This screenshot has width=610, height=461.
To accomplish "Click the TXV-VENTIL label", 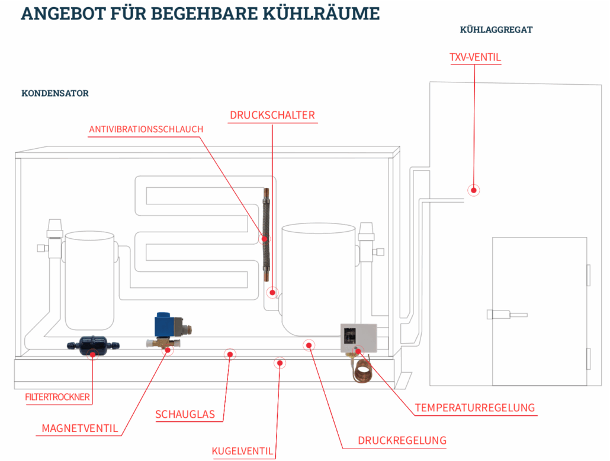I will pyautogui.click(x=475, y=57).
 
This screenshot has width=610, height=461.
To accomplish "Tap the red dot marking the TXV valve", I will pyautogui.click(x=473, y=190).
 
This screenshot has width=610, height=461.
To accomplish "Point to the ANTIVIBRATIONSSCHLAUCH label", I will pyautogui.click(x=146, y=129).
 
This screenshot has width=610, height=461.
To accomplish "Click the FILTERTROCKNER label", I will pyautogui.click(x=57, y=397).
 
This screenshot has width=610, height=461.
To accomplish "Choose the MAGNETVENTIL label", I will pyautogui.click(x=80, y=428).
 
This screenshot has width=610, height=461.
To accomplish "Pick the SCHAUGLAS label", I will pyautogui.click(x=185, y=414).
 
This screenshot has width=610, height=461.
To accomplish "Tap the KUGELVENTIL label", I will pyautogui.click(x=242, y=452).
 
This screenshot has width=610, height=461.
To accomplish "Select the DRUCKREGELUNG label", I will pyautogui.click(x=402, y=440).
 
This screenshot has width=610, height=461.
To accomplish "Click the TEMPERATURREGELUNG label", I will pyautogui.click(x=474, y=408).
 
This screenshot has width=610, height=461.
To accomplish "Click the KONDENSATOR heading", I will pyautogui.click(x=55, y=94).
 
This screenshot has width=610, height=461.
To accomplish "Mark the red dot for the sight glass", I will pyautogui.click(x=230, y=354).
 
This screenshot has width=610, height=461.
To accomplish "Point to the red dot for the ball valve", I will pyautogui.click(x=281, y=363).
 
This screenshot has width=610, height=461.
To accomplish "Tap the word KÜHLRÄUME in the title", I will pyautogui.click(x=319, y=13).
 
